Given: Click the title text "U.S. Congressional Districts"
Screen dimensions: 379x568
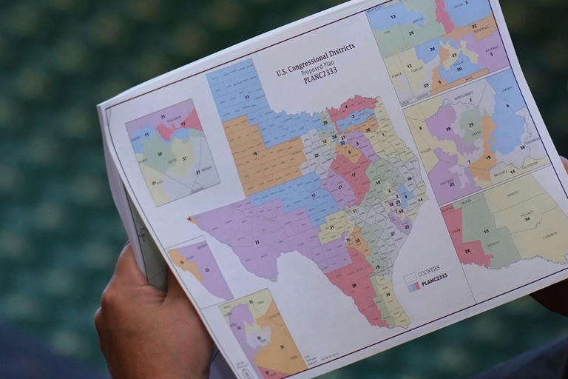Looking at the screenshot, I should [x=315, y=60].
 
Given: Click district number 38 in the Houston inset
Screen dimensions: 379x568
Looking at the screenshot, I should [x=447, y=127].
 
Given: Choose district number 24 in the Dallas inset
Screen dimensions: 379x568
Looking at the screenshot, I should [x=432, y=50].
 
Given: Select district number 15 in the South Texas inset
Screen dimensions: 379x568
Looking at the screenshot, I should [x=485, y=230].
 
